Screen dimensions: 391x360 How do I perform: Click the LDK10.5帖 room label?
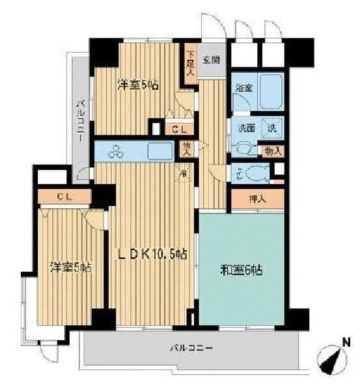(152, 254)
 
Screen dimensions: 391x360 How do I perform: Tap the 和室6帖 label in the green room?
(240, 269)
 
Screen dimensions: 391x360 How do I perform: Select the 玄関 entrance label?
(210, 60)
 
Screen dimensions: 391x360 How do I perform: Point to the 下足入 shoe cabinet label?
(190, 64)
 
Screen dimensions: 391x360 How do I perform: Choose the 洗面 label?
(245, 128)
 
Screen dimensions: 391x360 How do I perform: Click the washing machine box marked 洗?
(273, 128)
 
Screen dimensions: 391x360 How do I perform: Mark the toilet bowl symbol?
(255, 174)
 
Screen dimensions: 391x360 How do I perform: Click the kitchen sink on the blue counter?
(159, 151)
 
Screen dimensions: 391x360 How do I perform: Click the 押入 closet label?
(257, 199)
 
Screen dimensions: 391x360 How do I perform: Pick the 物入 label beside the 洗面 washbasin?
(273, 151)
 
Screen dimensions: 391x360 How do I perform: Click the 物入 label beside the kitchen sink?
(187, 150)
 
